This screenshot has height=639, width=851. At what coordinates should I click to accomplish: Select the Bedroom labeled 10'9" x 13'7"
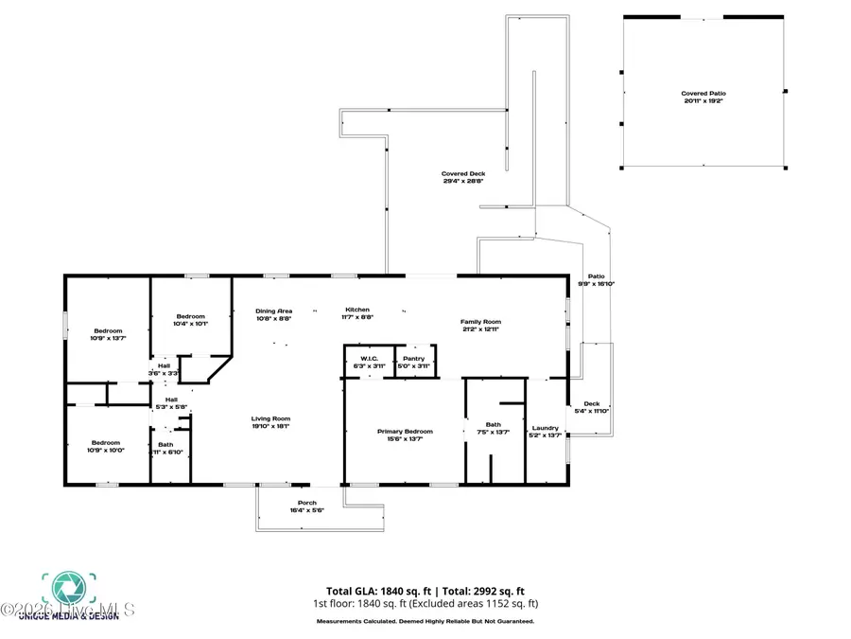tap(107, 334)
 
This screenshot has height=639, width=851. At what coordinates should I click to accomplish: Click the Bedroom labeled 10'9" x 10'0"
tap(106, 446)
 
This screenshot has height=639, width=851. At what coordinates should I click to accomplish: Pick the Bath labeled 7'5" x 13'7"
tap(494, 428)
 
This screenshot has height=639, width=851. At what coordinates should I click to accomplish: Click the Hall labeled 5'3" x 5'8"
tap(171, 403)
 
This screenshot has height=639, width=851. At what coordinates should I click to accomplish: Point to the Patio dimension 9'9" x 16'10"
tap(597, 280)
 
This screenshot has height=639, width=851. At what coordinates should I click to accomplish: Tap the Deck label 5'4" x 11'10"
tap(591, 407)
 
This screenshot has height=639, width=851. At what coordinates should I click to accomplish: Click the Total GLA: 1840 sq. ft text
tap(373, 590)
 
